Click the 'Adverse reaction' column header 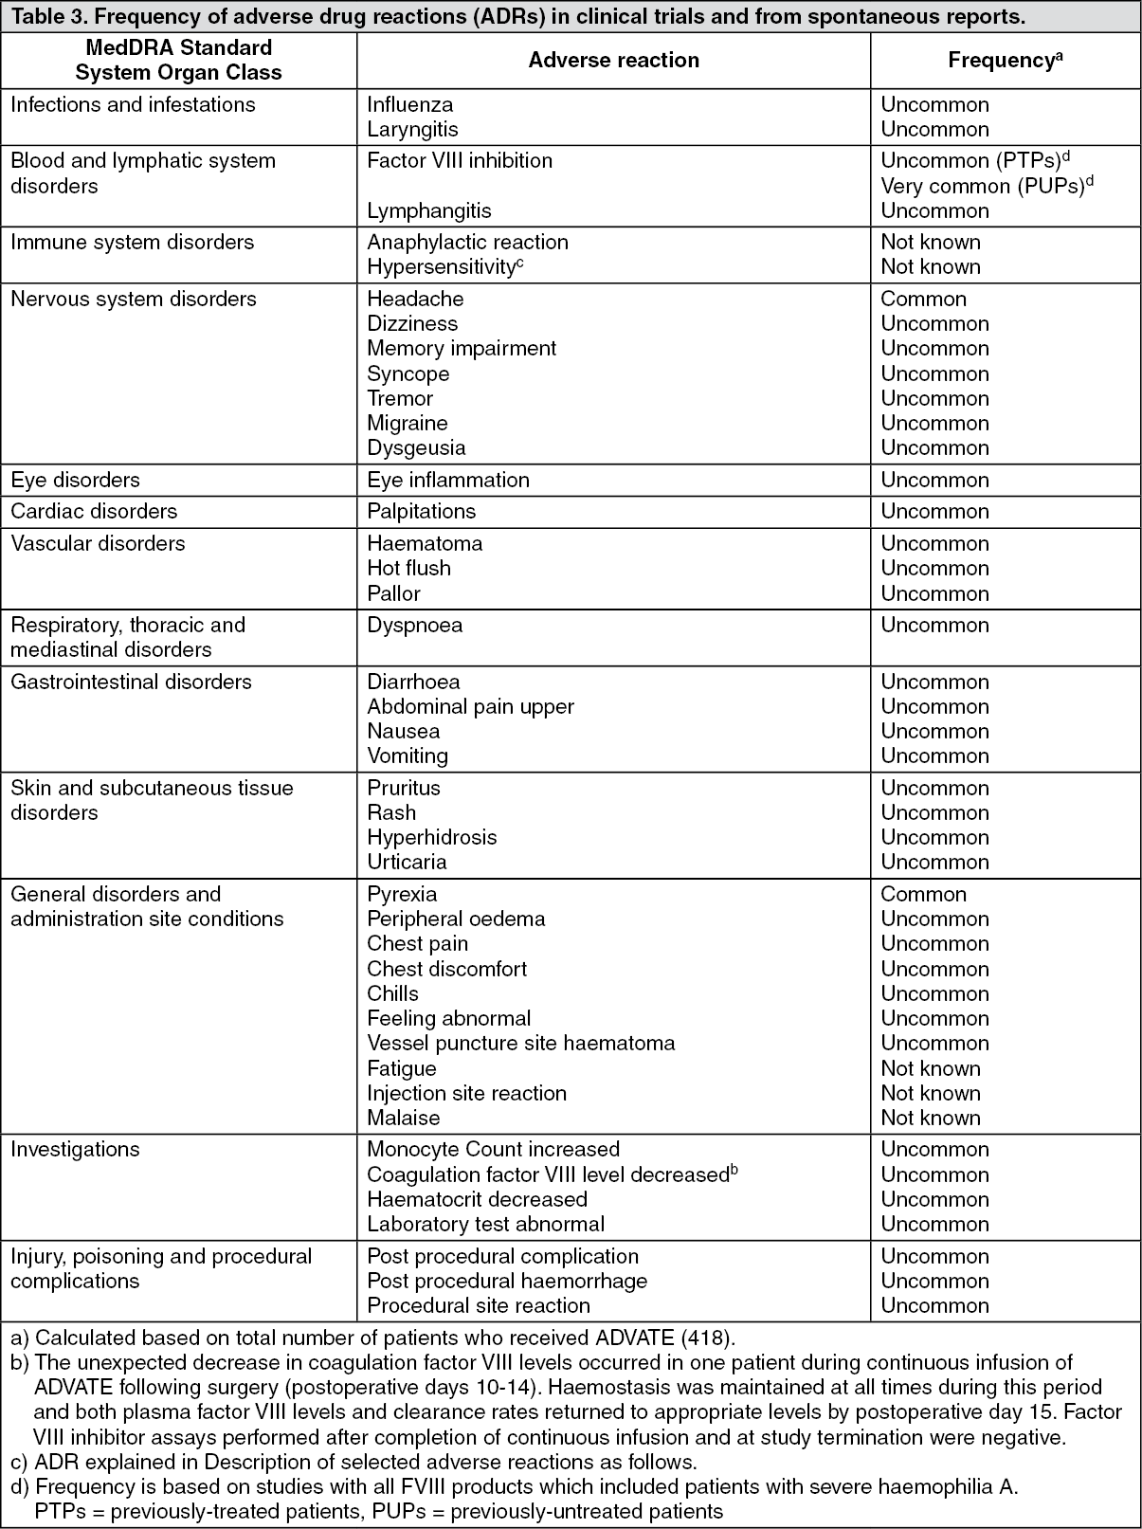tap(613, 61)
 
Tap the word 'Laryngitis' tap(412, 129)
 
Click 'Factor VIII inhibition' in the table tap(460, 161)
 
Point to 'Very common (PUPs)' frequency tap(983, 186)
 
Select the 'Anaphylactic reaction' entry tap(467, 243)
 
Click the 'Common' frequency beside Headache tap(923, 300)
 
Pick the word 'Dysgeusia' tap(416, 447)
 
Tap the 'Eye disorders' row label tap(77, 480)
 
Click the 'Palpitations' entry tap(421, 511)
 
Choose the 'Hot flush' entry tap(408, 568)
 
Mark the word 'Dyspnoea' tap(414, 625)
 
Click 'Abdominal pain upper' tap(470, 706)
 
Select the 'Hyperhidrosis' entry tap(431, 837)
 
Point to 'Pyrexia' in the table tap(402, 894)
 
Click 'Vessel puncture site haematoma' tap(520, 1043)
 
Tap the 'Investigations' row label tap(75, 1149)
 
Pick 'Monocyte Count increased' tap(493, 1149)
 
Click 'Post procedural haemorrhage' tap(507, 1281)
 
